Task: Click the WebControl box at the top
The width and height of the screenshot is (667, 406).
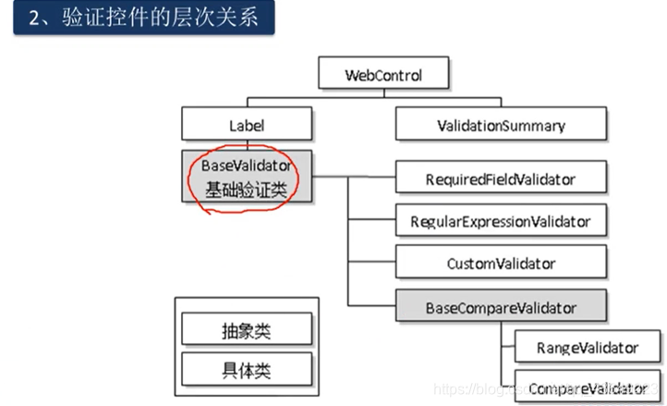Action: click(x=383, y=73)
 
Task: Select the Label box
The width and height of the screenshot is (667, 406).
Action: click(x=247, y=125)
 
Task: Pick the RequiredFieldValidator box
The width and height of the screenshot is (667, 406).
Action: click(x=503, y=177)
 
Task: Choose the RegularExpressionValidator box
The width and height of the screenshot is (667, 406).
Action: click(x=501, y=221)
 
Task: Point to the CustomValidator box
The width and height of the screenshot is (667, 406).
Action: click(x=501, y=264)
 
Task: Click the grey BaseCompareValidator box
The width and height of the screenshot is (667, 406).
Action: click(x=501, y=307)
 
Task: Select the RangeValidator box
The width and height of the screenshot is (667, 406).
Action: click(x=588, y=349)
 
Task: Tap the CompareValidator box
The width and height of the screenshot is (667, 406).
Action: click(x=588, y=389)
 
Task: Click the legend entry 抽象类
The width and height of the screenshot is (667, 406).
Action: click(x=246, y=330)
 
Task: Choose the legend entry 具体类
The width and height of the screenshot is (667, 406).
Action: click(x=246, y=370)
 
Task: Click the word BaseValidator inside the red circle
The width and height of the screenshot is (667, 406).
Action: click(x=247, y=166)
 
